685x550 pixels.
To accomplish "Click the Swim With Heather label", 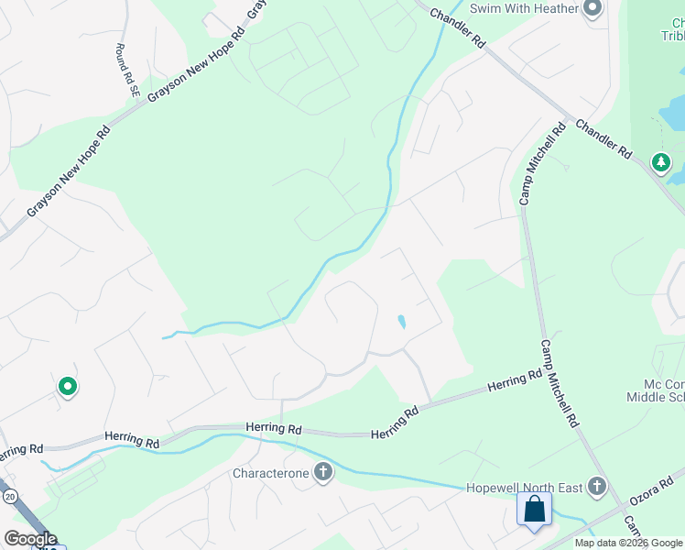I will (524, 8).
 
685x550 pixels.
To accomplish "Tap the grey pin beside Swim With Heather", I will (592, 9).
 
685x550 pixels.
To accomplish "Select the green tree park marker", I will (660, 163).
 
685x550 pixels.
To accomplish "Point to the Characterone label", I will (270, 474).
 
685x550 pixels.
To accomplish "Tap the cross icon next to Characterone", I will (322, 473).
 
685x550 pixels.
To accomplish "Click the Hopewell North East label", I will (525, 487).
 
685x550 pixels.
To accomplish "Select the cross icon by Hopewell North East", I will (596, 486).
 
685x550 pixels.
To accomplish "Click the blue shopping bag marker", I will (534, 509).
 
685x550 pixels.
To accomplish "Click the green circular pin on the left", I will (67, 388).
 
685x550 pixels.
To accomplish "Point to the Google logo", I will (31, 539).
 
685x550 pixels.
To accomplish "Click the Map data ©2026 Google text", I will (628, 543).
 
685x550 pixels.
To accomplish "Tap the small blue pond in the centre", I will (401, 322).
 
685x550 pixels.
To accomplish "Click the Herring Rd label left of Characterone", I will (131, 440).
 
